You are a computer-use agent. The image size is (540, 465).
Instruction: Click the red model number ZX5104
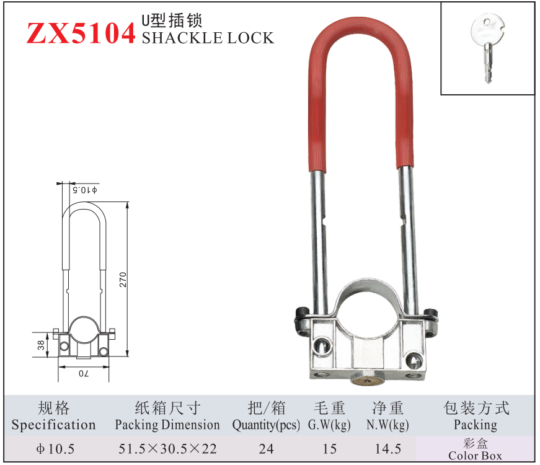(x=81, y=33)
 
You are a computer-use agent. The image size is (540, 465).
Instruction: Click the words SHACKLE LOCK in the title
(x=208, y=38)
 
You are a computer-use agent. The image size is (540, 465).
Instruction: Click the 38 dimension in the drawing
(x=41, y=345)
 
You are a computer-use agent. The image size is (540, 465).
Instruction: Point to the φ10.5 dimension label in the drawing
(x=86, y=189)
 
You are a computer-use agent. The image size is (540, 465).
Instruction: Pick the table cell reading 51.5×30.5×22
(x=167, y=449)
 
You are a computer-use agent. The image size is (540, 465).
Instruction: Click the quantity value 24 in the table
(x=266, y=449)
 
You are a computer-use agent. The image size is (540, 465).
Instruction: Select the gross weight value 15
(x=329, y=449)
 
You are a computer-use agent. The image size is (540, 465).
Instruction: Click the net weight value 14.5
(x=387, y=449)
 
